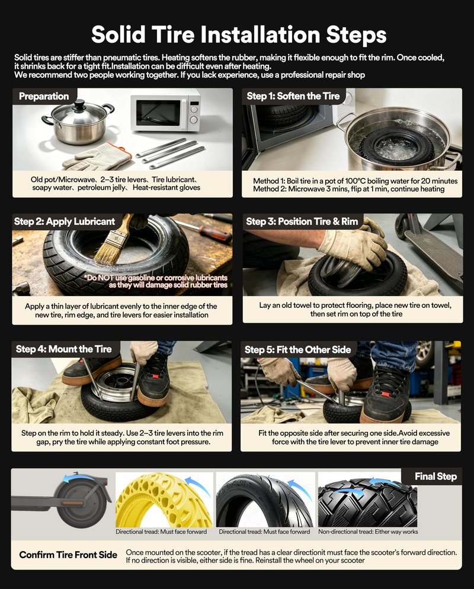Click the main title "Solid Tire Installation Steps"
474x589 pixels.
coord(239,34)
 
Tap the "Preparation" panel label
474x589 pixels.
coord(44,96)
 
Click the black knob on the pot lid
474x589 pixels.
coord(79,104)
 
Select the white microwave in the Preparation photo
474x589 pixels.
coord(165,110)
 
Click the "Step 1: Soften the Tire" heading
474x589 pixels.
coord(293,96)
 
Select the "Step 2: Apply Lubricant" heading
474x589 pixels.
coord(65,221)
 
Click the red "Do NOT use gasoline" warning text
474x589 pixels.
coord(156,281)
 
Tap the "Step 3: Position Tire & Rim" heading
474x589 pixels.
coord(302,222)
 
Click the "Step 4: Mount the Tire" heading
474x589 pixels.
coord(64,349)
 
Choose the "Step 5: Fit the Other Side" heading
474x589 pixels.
coord(297,350)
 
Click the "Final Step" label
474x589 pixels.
coord(435,476)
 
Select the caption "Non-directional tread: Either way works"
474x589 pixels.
coord(368,531)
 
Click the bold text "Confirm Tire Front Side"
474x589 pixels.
coord(68,555)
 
